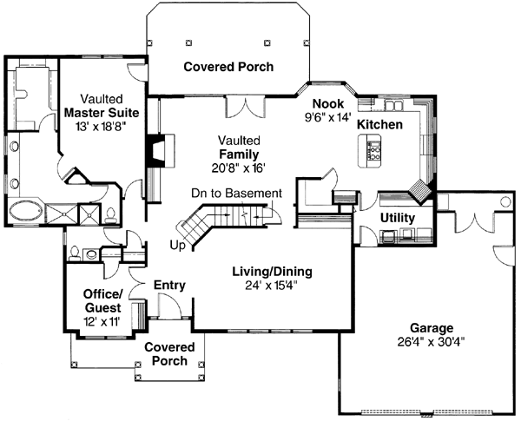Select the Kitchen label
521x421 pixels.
click(x=380, y=125)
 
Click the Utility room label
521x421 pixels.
click(x=398, y=217)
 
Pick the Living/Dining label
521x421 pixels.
click(x=272, y=272)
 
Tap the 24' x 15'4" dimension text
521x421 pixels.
click(x=272, y=285)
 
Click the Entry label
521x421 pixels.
click(x=168, y=285)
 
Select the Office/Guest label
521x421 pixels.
click(x=103, y=300)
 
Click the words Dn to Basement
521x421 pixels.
click(x=237, y=193)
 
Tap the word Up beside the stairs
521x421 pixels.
click(x=178, y=246)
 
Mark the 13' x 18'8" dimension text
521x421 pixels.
click(x=100, y=127)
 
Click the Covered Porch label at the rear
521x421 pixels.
click(x=228, y=66)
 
